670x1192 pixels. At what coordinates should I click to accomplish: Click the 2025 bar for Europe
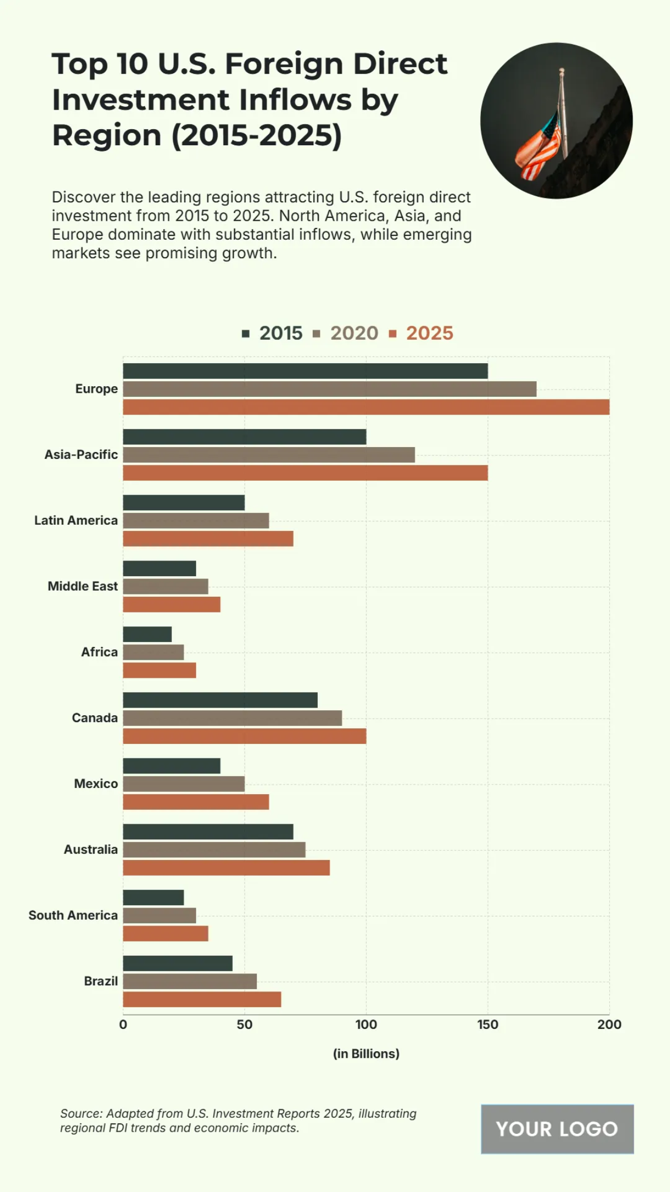click(366, 407)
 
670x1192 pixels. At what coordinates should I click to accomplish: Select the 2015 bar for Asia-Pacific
click(245, 437)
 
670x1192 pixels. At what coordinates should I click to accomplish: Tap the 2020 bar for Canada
click(232, 718)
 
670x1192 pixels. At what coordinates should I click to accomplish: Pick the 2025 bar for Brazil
click(202, 1000)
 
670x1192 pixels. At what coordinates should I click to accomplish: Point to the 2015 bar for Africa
click(147, 634)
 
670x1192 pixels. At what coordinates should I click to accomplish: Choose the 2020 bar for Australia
click(214, 850)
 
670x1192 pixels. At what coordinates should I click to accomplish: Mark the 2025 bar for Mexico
click(196, 802)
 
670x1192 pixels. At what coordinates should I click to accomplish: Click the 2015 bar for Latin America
click(184, 503)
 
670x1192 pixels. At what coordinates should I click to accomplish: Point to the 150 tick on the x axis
click(487, 1024)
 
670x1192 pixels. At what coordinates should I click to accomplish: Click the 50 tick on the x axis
click(245, 1024)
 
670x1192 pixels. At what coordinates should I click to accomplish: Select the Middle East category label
click(83, 586)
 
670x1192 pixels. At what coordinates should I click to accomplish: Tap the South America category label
click(73, 915)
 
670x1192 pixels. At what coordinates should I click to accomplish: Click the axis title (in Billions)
click(366, 1053)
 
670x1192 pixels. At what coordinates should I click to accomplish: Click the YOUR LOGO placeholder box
click(557, 1129)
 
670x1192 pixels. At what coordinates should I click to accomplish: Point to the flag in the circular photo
click(539, 148)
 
